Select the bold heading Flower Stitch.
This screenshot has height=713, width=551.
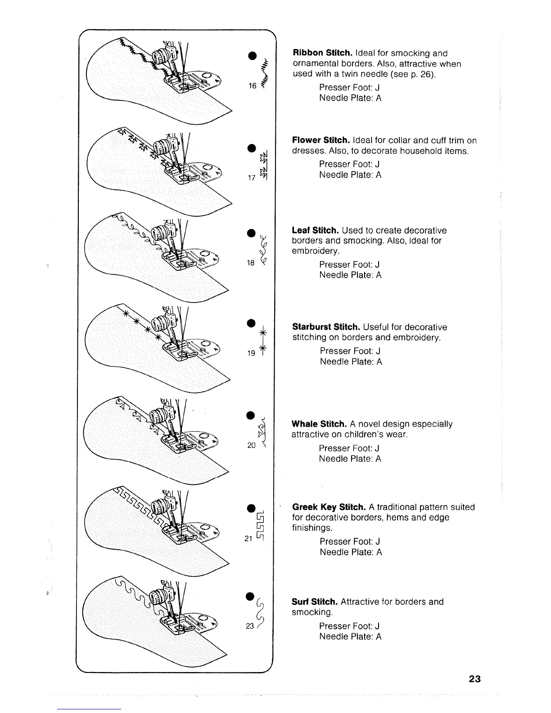[x=321, y=140]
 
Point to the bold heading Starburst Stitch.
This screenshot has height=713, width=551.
[x=326, y=327]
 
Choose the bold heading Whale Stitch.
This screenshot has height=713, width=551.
[x=319, y=424]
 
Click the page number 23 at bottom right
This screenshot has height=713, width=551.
[x=474, y=679]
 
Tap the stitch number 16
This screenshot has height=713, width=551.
[x=252, y=86]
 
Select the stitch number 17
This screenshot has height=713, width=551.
[x=252, y=178]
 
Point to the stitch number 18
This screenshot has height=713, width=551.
[x=251, y=263]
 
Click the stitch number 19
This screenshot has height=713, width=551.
[x=251, y=353]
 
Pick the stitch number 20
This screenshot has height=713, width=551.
[x=252, y=445]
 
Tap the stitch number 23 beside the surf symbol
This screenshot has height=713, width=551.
[x=250, y=626]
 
